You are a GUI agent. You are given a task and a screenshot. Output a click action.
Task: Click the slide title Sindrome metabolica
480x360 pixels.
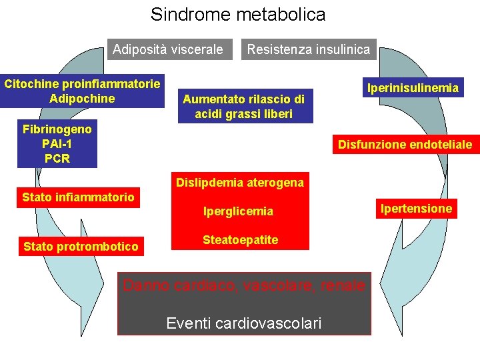coord(238,14)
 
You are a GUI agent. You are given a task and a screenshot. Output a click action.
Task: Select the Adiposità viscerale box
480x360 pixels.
coord(168,49)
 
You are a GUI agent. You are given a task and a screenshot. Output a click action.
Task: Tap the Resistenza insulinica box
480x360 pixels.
coord(308,49)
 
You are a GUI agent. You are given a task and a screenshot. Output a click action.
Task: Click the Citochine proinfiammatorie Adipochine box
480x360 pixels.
coord(82,91)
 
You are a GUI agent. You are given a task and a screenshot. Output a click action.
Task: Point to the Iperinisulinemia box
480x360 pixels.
coord(413,87)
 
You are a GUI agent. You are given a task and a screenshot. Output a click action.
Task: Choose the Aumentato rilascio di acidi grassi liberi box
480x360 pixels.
coord(243,107)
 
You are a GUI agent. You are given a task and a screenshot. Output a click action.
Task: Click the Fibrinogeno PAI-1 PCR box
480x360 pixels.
coord(57,143)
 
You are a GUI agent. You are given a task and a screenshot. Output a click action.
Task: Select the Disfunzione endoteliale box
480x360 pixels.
coord(405,144)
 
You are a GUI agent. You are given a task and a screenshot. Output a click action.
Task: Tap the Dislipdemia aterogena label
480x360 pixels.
coord(239,183)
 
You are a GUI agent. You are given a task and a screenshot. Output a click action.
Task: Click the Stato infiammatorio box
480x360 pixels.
coord(78,197)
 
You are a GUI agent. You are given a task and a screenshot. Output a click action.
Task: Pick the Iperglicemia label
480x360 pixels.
coord(238,211)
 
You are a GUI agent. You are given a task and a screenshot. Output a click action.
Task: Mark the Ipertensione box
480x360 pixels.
coord(416,209)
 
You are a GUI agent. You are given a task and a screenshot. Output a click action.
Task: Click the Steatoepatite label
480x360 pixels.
coord(240,240)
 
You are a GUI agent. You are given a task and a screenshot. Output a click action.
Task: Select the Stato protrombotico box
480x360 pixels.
coord(81,247)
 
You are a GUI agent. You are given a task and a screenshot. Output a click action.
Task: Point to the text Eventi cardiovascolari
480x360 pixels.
coord(243,323)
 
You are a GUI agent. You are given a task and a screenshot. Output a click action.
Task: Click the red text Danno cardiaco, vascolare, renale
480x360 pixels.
coord(244,285)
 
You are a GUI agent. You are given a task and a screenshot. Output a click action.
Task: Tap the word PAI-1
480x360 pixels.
coord(57,143)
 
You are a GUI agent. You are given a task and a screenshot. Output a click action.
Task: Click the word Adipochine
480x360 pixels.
coord(82,99)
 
